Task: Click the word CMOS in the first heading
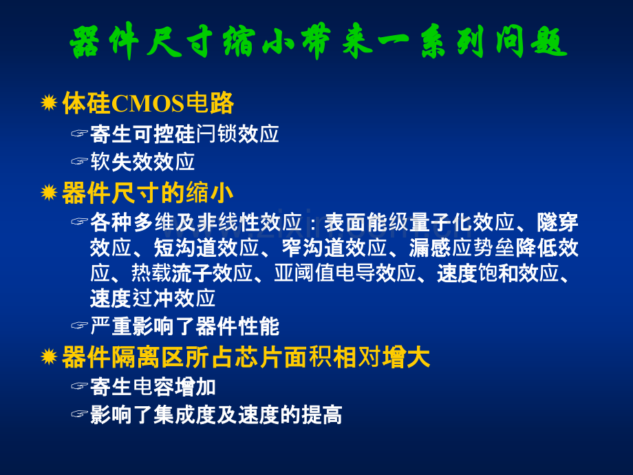click(147, 103)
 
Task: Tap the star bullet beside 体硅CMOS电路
click(49, 103)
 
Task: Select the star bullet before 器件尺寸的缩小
click(49, 192)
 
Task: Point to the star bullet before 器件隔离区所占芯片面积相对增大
click(49, 357)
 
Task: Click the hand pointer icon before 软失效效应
click(79, 162)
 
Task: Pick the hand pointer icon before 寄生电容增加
click(79, 386)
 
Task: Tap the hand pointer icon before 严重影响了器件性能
click(79, 325)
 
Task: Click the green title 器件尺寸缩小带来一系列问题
click(319, 41)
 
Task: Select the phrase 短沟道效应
click(206, 248)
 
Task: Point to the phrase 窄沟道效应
click(334, 248)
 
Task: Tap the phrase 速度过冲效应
click(153, 299)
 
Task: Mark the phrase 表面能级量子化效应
click(420, 222)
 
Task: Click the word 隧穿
click(557, 222)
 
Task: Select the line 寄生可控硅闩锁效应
click(184, 134)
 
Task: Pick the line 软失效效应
click(142, 162)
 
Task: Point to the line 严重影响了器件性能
click(184, 326)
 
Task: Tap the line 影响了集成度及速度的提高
click(216, 415)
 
